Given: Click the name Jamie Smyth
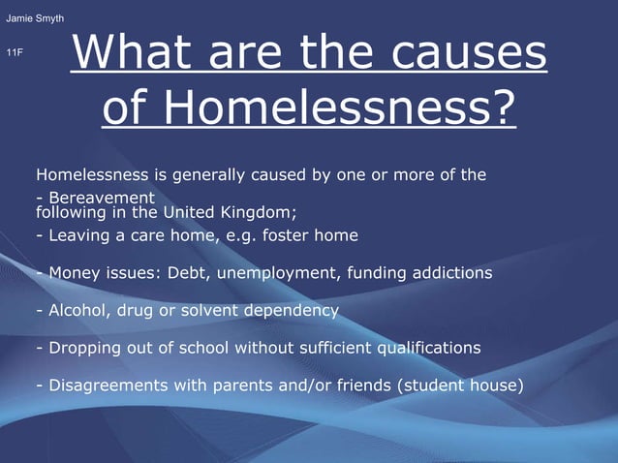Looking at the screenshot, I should pos(35,19).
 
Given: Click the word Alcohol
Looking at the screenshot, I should pos(71,311).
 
